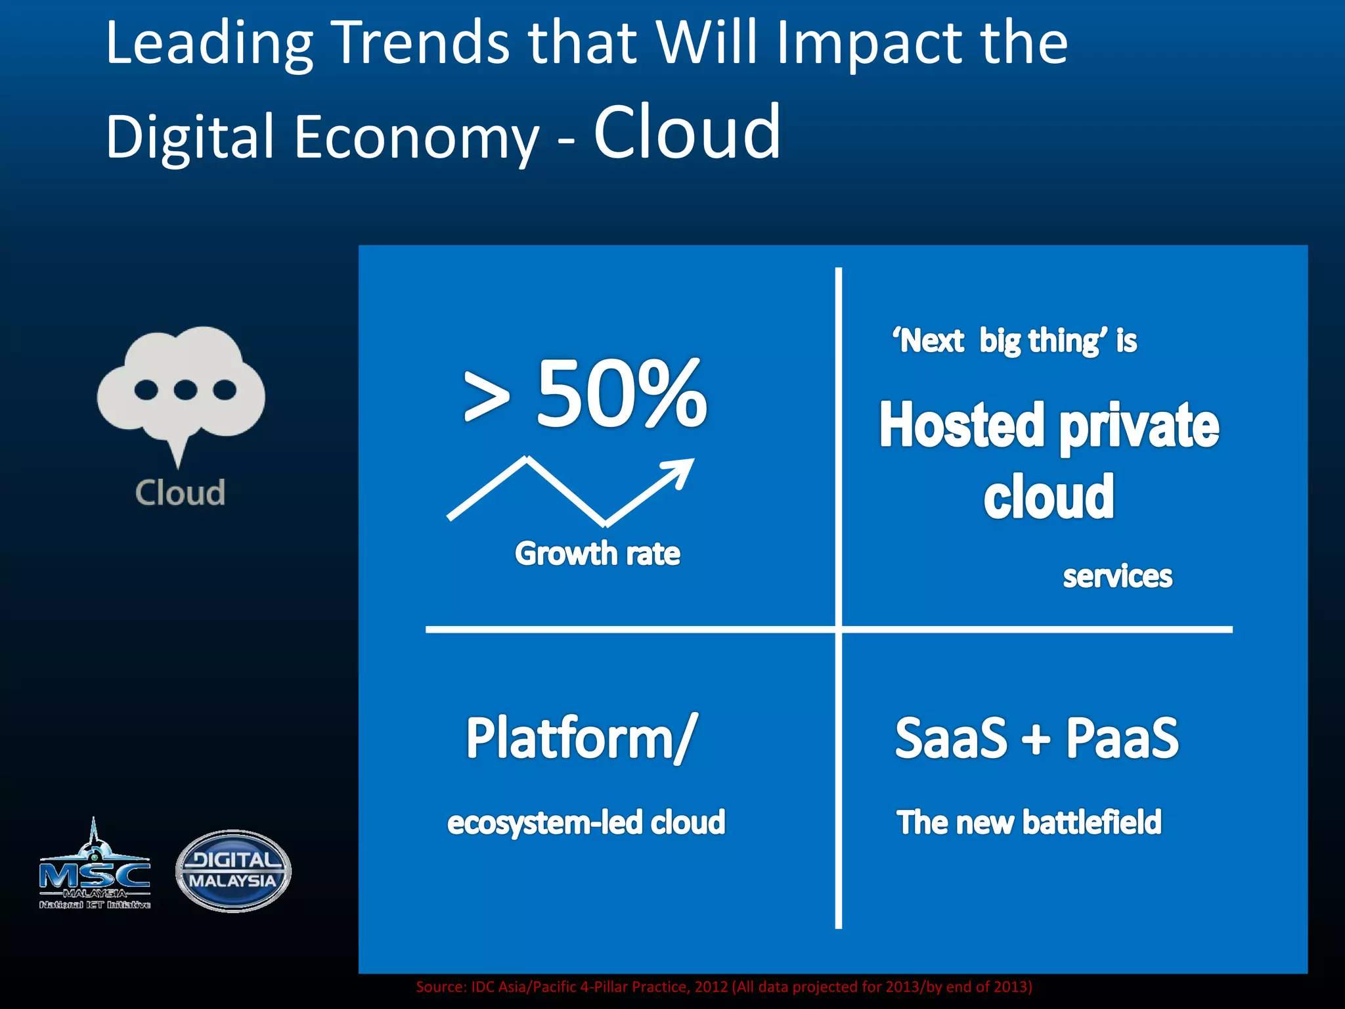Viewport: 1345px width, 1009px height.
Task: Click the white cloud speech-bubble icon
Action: click(x=181, y=388)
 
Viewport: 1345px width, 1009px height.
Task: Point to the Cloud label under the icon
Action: click(x=180, y=493)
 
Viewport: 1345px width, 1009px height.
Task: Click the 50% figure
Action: click(x=621, y=394)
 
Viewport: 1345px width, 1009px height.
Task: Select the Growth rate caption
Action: click(x=597, y=553)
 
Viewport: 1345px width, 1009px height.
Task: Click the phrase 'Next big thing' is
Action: click(x=1014, y=341)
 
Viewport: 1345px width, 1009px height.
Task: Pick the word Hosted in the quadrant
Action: click(x=961, y=426)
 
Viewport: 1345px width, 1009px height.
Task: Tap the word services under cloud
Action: click(x=1117, y=576)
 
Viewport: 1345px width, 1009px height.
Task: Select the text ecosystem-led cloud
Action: click(x=586, y=822)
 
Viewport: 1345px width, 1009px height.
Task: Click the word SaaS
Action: click(x=950, y=738)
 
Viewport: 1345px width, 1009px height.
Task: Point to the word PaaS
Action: click(x=1122, y=738)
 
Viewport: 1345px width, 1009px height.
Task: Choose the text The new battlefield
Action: click(x=1029, y=822)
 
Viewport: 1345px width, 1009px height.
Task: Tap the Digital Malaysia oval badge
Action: click(x=233, y=870)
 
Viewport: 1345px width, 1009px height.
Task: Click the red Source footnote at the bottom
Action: click(x=724, y=987)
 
